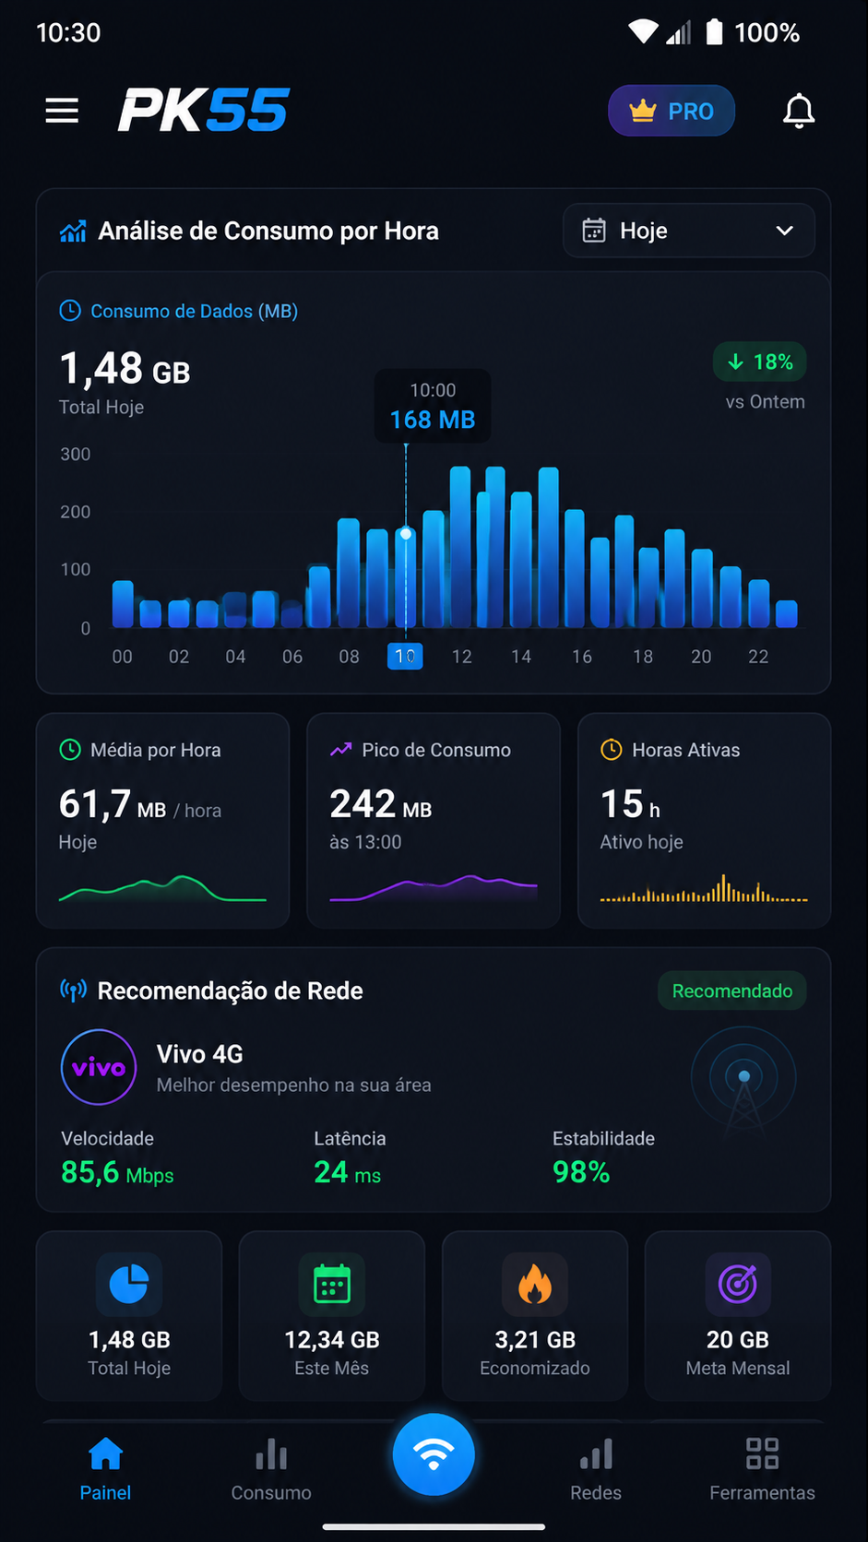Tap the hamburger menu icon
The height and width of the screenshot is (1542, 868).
pyautogui.click(x=62, y=110)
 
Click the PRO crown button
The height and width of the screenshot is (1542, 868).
pyautogui.click(x=672, y=110)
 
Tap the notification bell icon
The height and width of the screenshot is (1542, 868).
pyautogui.click(x=799, y=110)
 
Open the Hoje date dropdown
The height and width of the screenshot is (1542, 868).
pyautogui.click(x=689, y=231)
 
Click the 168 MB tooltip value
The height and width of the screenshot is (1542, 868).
pyautogui.click(x=433, y=420)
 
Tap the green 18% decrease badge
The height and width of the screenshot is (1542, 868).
pyautogui.click(x=759, y=362)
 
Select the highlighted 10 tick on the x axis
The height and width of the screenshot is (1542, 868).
pyautogui.click(x=405, y=656)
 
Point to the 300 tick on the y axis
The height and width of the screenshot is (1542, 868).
pyautogui.click(x=75, y=455)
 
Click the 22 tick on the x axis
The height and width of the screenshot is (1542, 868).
pyautogui.click(x=758, y=657)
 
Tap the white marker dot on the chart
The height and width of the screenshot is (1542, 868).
pyautogui.click(x=406, y=533)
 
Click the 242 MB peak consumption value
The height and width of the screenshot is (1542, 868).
pyautogui.click(x=381, y=804)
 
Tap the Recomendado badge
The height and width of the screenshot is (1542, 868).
pyautogui.click(x=731, y=990)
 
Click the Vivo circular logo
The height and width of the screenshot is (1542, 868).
pyautogui.click(x=99, y=1067)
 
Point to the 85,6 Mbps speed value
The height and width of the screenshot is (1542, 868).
pyautogui.click(x=117, y=1171)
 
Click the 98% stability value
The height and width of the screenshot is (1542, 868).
pyautogui.click(x=581, y=1171)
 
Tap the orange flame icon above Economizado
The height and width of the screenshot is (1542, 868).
pyautogui.click(x=535, y=1285)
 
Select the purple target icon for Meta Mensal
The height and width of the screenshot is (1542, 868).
pyautogui.click(x=737, y=1284)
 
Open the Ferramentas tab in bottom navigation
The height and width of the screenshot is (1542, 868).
pyautogui.click(x=762, y=1469)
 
